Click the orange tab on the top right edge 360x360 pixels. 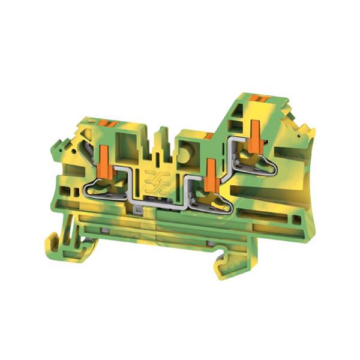pos(259,97)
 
